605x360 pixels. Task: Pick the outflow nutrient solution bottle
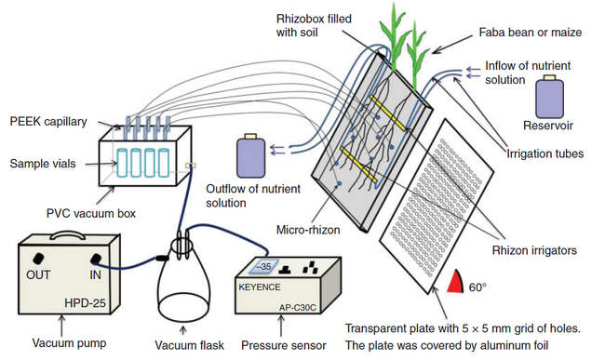[x=250, y=154]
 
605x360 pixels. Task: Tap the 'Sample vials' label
[x=41, y=163]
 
